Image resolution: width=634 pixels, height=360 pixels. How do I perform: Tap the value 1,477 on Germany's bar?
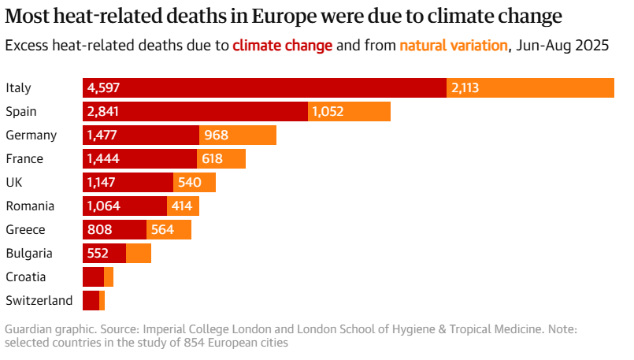102,135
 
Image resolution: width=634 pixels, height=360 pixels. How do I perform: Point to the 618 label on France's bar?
213,159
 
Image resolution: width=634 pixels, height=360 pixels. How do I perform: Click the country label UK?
13,183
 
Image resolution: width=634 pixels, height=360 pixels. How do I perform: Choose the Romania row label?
30,206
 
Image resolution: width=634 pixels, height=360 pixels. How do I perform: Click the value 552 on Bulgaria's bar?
98,254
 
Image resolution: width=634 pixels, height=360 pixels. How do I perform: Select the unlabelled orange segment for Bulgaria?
139,254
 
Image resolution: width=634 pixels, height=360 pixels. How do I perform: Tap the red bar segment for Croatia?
93,277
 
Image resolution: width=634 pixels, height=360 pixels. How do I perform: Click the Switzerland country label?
39,301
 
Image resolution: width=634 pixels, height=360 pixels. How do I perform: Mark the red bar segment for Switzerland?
91,301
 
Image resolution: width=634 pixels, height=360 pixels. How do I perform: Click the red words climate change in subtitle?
282,46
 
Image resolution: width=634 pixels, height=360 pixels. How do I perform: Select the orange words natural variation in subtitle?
454,46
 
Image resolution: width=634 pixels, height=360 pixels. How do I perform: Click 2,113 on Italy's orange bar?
465,88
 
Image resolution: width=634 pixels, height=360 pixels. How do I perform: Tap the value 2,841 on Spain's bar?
103,112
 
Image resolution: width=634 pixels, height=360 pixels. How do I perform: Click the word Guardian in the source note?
29,328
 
